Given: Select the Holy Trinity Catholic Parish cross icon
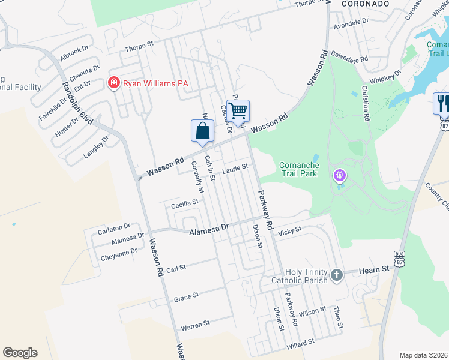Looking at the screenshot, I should tap(337, 275).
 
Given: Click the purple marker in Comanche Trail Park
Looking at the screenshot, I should tap(340, 176).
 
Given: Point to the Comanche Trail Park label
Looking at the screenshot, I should tap(299, 169).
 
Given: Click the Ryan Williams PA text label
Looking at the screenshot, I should tap(156, 83).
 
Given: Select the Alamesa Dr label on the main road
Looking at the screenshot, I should tap(209, 229).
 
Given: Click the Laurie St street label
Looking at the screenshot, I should tap(235, 170).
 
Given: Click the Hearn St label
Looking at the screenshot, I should tap(375, 270).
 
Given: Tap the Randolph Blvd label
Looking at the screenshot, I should tap(77, 103).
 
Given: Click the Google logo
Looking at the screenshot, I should tap(20, 353).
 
